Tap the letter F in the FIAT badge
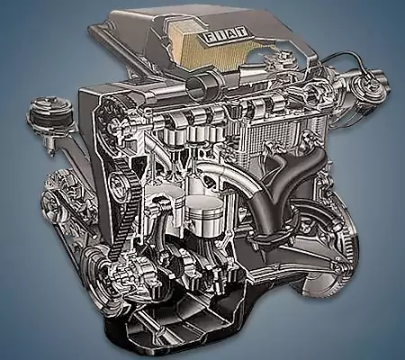[208, 37]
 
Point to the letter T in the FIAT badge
[242, 32]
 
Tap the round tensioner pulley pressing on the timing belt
[119, 183]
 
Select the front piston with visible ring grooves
[205, 214]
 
